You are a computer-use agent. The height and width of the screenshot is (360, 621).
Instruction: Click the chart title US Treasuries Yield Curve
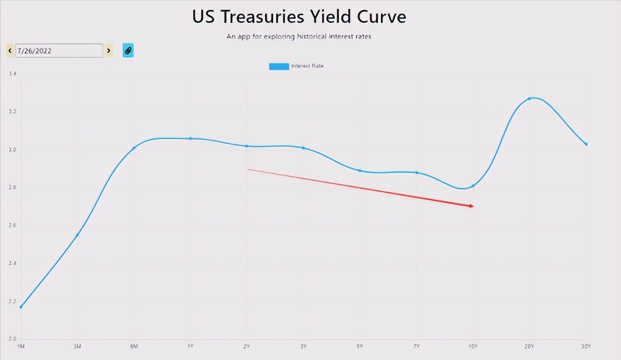[299, 16]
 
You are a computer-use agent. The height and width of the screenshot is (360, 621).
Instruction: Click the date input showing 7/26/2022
[59, 50]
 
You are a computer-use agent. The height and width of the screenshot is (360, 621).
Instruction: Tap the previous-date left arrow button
[10, 50]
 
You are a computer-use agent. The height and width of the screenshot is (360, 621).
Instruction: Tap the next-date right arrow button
[109, 50]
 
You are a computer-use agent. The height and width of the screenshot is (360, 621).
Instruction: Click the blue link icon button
[128, 50]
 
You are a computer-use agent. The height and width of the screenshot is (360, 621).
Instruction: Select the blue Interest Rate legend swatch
[279, 66]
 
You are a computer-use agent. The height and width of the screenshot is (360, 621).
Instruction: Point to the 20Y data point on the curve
[529, 99]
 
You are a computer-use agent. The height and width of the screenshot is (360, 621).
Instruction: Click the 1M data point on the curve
[21, 307]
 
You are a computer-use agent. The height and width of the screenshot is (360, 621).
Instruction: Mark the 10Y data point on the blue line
[473, 186]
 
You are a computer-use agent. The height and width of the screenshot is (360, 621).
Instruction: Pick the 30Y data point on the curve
[586, 144]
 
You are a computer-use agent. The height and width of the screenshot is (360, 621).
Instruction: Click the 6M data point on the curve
[134, 148]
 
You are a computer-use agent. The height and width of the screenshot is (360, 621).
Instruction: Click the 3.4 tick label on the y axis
[13, 74]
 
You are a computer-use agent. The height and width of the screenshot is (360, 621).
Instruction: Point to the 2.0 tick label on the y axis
[13, 339]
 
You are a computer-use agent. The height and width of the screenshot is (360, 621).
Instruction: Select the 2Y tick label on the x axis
[247, 346]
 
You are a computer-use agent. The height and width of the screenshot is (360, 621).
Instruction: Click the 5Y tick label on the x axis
[360, 346]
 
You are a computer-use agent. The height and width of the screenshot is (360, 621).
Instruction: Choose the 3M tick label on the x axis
[77, 346]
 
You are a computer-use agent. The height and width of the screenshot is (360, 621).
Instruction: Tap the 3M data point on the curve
[77, 235]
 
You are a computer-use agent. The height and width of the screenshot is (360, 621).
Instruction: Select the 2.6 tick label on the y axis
[13, 226]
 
